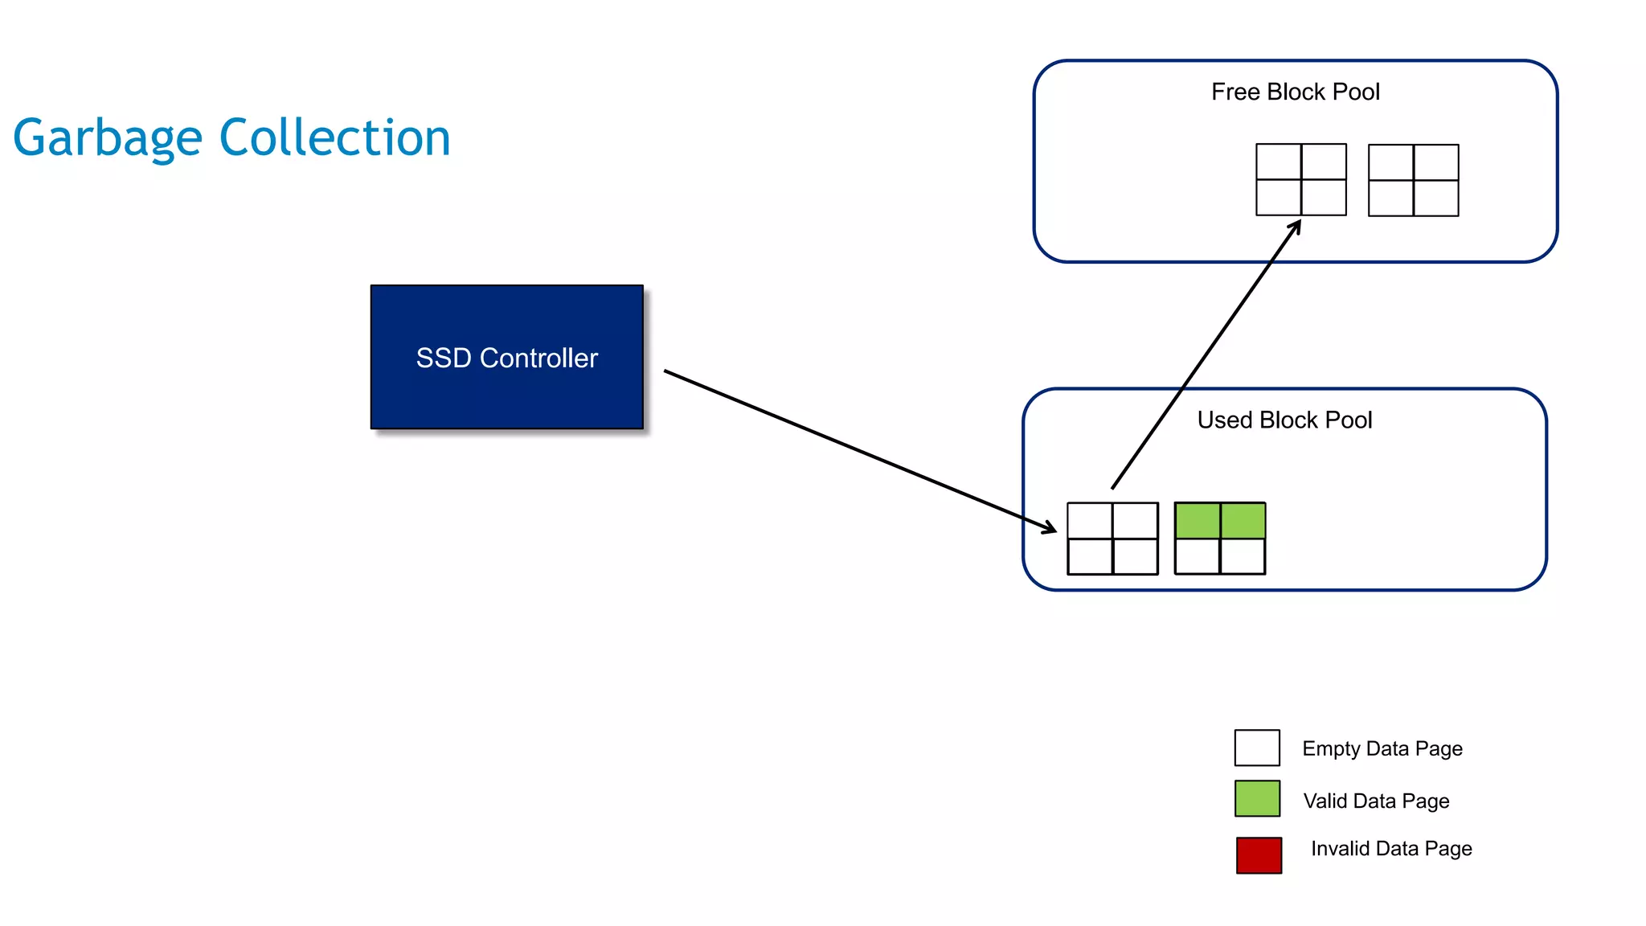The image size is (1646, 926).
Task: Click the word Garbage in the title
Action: coord(107,138)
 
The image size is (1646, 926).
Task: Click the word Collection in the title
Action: coord(334,138)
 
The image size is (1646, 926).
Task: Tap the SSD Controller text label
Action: coord(506,358)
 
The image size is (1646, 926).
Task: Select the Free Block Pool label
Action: coord(1295,92)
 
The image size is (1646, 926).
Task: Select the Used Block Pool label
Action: coord(1284,420)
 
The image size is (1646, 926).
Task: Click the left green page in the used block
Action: coord(1198,520)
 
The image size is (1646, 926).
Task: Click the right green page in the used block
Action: coord(1243,520)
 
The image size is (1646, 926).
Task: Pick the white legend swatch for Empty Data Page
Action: coord(1257,748)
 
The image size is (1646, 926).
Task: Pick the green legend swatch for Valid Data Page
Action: coord(1257,799)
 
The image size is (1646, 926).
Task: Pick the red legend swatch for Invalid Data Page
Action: coord(1259,855)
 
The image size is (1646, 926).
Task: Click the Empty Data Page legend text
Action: coord(1382,748)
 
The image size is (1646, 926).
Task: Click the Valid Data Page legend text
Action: coord(1376,801)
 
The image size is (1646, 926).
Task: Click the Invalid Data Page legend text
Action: coord(1391,848)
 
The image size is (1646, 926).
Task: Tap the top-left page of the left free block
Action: coord(1279,162)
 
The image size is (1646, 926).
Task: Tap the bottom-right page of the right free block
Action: coord(1435,198)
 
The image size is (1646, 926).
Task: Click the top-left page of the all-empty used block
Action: coord(1090,521)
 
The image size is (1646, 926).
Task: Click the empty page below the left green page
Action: coord(1198,556)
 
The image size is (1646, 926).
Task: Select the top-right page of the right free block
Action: coord(1435,162)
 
